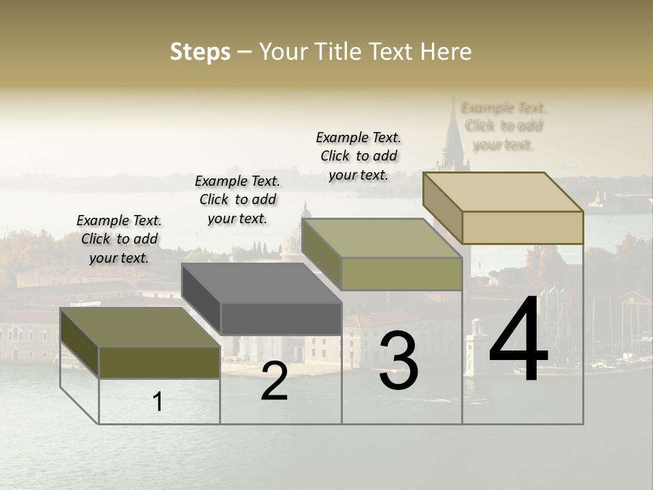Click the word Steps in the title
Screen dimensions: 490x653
coord(200,52)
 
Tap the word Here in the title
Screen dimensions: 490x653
coord(446,52)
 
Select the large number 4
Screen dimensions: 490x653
coord(518,340)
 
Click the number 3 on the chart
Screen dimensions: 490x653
coord(399,361)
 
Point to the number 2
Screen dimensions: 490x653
coord(274,382)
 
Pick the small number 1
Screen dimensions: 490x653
coord(158,402)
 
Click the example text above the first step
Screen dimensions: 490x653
coord(119,239)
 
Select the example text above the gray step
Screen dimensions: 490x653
coord(237,199)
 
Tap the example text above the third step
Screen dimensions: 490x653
coord(358,156)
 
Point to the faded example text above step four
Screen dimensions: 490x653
coord(503,126)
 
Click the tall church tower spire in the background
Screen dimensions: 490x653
coord(452,136)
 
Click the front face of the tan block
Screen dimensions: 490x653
coord(522,227)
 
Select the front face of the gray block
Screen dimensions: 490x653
coord(281,318)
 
